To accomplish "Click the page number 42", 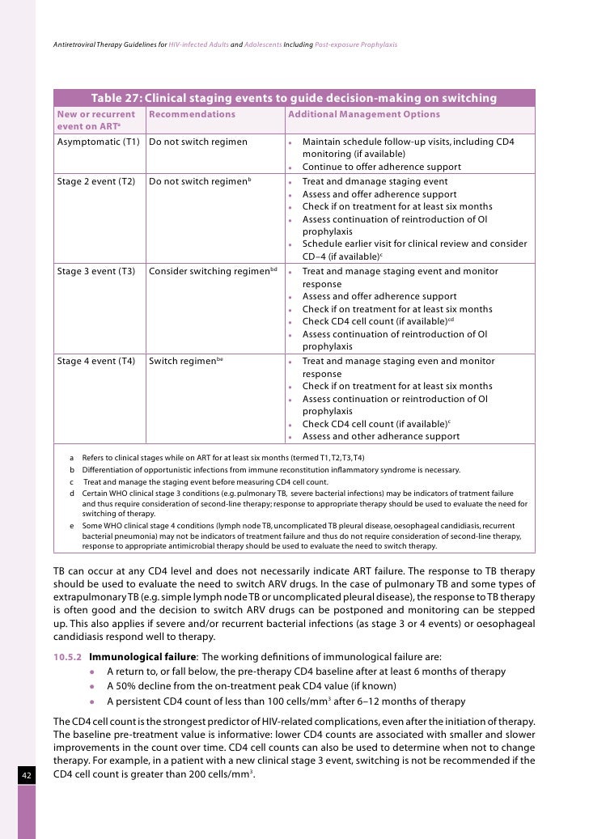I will click(x=26, y=777).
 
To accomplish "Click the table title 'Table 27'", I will click(x=294, y=99).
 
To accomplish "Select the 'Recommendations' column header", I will click(x=192, y=115).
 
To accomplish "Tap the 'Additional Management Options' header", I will click(x=364, y=115).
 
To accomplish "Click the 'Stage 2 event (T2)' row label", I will click(x=95, y=182).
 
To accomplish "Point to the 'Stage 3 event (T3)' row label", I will click(x=95, y=272).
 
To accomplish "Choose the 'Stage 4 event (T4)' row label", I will click(x=95, y=362).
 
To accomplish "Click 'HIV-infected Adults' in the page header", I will click(x=193, y=43).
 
